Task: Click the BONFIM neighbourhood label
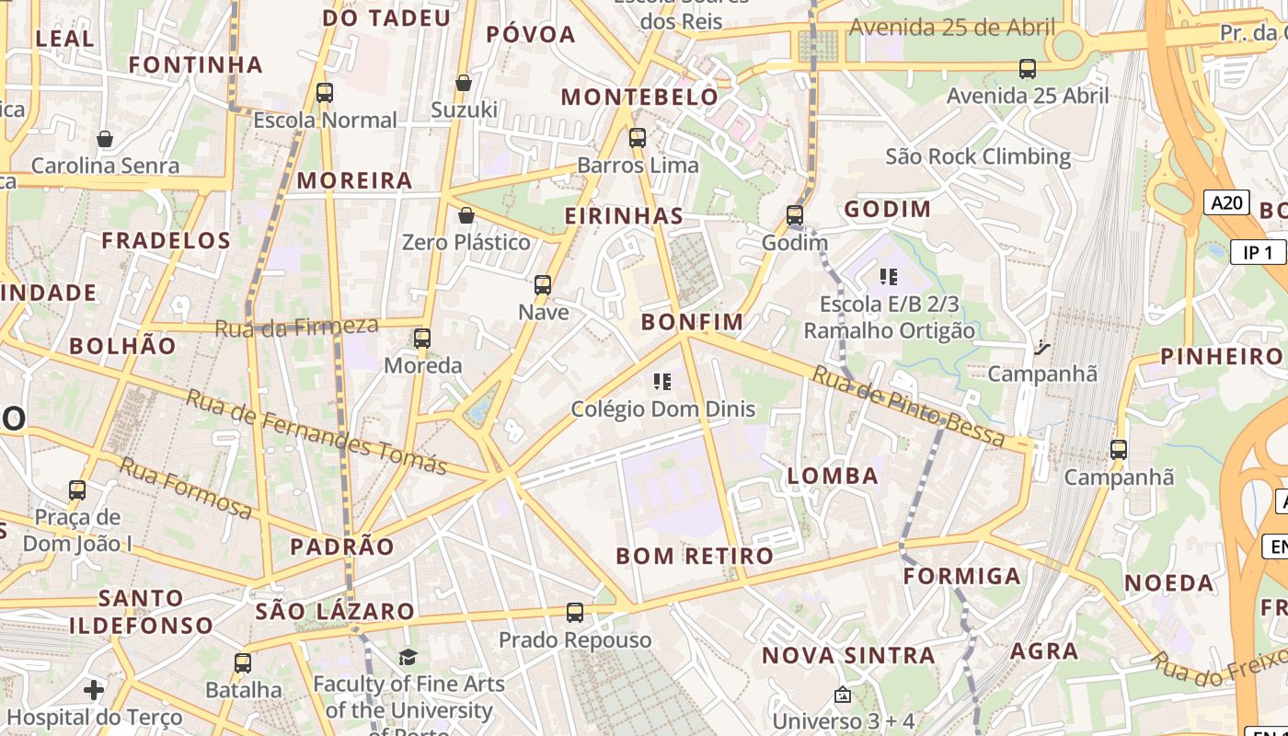click(692, 322)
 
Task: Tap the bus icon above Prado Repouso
click(575, 613)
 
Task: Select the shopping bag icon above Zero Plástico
click(466, 216)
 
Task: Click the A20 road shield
click(1226, 202)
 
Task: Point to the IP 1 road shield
click(1257, 253)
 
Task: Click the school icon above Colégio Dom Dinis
click(662, 382)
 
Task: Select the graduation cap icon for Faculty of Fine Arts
click(408, 657)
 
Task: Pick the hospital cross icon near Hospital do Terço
click(94, 689)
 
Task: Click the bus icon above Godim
click(795, 216)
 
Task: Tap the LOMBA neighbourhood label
click(833, 476)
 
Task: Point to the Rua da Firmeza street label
click(296, 327)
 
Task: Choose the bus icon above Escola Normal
click(325, 93)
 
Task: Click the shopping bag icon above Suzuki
click(464, 84)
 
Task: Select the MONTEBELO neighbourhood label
click(639, 97)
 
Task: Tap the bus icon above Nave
click(543, 285)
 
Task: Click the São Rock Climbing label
click(978, 156)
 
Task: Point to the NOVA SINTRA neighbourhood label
click(848, 656)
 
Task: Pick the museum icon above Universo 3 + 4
click(843, 695)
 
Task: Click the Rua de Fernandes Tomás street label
click(316, 431)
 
